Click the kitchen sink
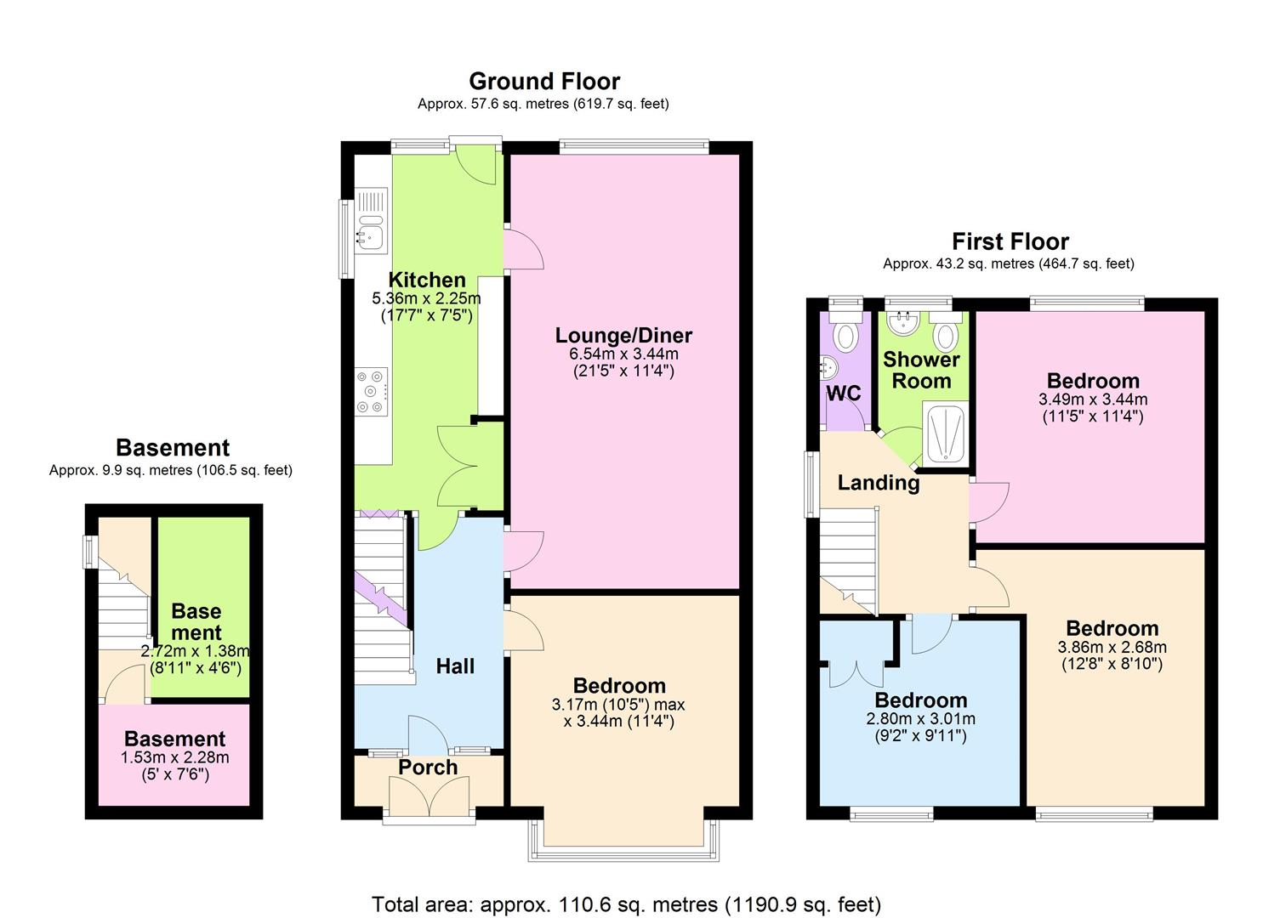[371, 220]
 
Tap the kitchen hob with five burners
[371, 392]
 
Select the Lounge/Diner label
[623, 336]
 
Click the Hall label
[455, 666]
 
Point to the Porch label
[428, 767]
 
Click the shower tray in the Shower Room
[944, 433]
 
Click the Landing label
[879, 483]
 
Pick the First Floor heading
[1010, 241]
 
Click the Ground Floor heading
[544, 81]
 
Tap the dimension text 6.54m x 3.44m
[623, 354]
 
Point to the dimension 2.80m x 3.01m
[921, 718]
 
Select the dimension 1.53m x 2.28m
[175, 756]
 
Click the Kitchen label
[427, 280]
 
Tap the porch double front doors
[430, 796]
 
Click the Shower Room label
[921, 371]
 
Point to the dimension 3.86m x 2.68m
[1112, 646]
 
